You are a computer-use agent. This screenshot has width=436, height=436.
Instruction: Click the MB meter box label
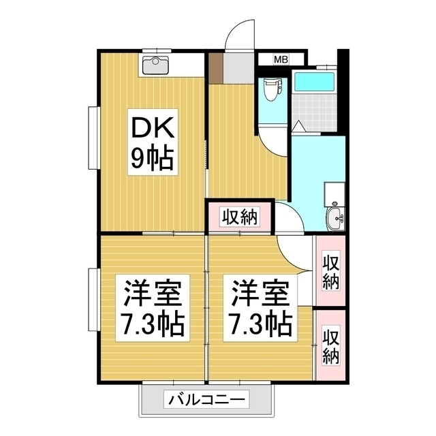tap(281, 60)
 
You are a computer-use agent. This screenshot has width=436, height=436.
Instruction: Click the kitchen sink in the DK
tap(157, 66)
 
